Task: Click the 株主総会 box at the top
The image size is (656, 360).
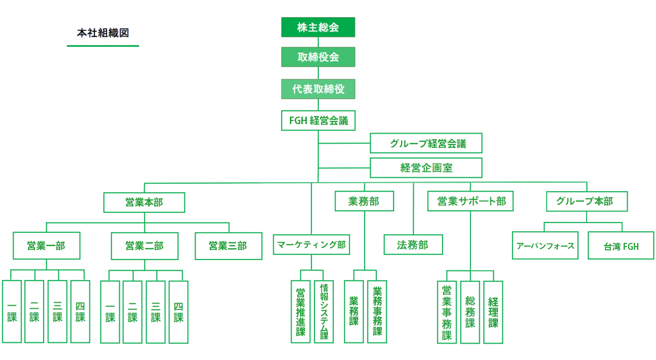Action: (x=318, y=27)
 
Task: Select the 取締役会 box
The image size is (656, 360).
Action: (x=318, y=57)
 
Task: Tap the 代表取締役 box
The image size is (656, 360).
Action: (x=318, y=89)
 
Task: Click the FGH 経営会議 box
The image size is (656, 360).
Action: (x=318, y=120)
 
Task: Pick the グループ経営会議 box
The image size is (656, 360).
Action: (x=426, y=143)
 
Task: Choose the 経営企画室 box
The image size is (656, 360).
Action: (x=426, y=168)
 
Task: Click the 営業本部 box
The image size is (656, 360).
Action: (x=144, y=202)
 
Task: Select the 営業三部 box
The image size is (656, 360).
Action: (x=229, y=246)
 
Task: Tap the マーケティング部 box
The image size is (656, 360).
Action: (x=311, y=244)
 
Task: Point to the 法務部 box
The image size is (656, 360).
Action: (x=413, y=244)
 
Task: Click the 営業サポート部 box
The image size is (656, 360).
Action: (x=470, y=201)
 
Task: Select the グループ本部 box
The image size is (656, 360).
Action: (x=587, y=201)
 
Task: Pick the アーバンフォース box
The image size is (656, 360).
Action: (x=545, y=246)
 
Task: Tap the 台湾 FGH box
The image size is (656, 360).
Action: (x=621, y=246)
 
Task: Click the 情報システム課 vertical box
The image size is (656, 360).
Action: (x=324, y=312)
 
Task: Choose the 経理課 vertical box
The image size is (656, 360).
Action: (x=493, y=312)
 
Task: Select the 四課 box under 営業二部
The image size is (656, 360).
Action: (x=179, y=312)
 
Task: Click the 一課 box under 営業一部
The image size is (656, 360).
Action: (x=12, y=312)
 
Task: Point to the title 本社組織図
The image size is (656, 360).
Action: (x=103, y=33)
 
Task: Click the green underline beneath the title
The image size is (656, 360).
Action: (x=103, y=46)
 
